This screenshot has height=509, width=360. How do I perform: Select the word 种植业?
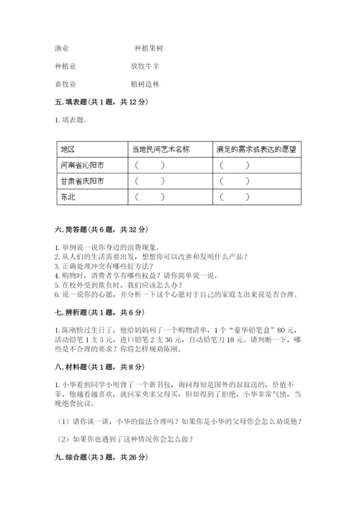tap(65, 66)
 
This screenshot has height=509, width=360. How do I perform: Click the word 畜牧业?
tap(65, 84)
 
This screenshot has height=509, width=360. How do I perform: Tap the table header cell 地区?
tap(68, 149)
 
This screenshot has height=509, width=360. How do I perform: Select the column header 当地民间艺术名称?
tap(161, 149)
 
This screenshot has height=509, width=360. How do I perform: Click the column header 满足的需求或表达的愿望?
tap(256, 149)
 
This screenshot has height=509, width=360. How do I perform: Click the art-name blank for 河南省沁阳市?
tap(149, 165)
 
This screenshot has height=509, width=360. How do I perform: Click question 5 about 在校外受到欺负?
tap(123, 285)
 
